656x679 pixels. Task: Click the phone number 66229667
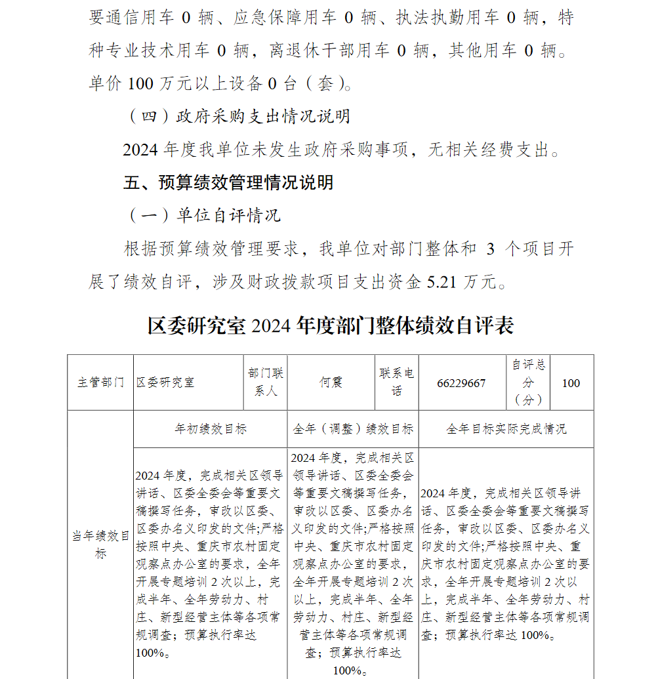coord(461,383)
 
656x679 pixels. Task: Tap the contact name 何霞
coord(331,382)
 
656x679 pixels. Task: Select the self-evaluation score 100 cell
coord(571,383)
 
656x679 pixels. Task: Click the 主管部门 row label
coord(100,382)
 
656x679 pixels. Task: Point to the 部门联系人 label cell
coord(265,382)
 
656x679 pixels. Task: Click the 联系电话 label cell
coord(396,382)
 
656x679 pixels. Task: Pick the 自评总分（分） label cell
coord(528,382)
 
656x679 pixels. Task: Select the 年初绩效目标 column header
coord(211,429)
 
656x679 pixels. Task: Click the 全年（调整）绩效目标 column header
coord(353,429)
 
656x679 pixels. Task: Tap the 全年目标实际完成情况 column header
coord(506,429)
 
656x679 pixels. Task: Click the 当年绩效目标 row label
coord(100,545)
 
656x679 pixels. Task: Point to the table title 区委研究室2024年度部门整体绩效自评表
coord(331,325)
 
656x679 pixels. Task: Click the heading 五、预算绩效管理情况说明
coord(228,182)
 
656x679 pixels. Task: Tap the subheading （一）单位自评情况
coord(202,215)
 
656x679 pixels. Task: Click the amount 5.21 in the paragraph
coord(441,282)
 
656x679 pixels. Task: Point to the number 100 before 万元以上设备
coord(140,83)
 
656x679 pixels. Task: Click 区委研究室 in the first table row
coord(165,382)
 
